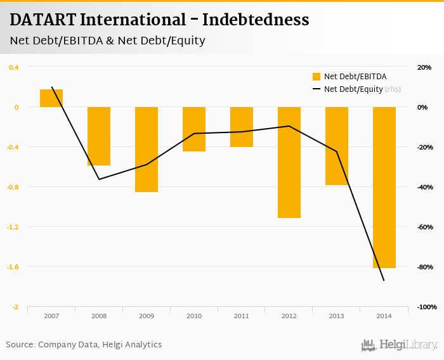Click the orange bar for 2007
[x=51, y=98]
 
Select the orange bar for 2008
[x=99, y=136]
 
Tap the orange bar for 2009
[x=147, y=150]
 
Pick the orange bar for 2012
[x=289, y=162]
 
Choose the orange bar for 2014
[x=384, y=188]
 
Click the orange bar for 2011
[x=242, y=127]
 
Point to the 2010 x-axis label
[x=194, y=316]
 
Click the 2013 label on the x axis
[x=337, y=316]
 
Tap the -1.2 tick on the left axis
[x=13, y=227]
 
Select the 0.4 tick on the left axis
[x=13, y=67]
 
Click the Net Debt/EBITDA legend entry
[x=355, y=77]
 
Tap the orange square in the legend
[x=317, y=77]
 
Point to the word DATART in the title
[x=42, y=20]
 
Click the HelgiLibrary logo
[x=399, y=345]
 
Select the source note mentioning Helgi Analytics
[x=84, y=345]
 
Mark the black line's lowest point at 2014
[x=384, y=280]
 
